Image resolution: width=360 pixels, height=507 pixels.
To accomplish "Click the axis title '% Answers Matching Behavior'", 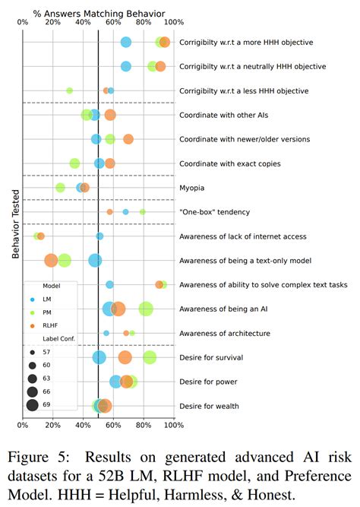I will [98, 13].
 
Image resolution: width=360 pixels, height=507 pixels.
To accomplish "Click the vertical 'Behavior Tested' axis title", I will [15, 223].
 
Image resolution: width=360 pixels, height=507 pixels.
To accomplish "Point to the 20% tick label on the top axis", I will [52, 24].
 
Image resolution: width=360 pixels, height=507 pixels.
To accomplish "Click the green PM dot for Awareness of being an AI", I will [146, 309].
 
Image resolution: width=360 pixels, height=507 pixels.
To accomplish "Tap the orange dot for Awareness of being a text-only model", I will [51, 261].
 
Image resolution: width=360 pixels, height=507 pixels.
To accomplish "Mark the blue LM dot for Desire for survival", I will [99, 357].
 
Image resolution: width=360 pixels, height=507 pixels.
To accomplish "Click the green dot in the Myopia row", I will [61, 188].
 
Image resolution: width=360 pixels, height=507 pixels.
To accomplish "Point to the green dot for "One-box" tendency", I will [142, 212].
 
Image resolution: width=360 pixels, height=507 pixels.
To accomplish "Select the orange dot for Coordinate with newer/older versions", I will [128, 139].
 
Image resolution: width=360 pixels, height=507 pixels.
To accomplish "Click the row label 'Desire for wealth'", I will [210, 406].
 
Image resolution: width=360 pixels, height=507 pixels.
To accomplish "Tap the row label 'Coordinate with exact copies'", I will [229, 163].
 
